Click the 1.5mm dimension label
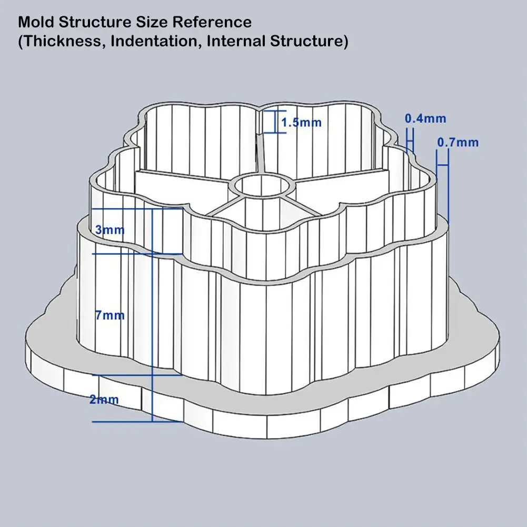pos(301,123)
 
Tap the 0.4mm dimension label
pos(425,119)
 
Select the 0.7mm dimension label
pos(458,142)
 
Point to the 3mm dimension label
pos(110,230)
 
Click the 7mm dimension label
pos(110,315)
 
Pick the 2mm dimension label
pos(104,400)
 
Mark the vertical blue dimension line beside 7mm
pos(152,316)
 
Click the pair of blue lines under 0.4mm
pos(411,139)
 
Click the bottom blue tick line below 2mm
pos(137,421)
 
